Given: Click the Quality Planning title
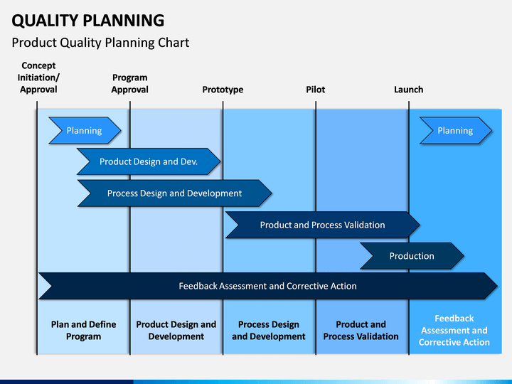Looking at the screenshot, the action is [88, 21].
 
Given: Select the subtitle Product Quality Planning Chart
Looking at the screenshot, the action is [100, 43].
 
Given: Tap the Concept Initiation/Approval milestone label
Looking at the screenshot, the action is [38, 78].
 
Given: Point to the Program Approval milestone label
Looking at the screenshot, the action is [129, 84].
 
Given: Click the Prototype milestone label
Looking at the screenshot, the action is [223, 90].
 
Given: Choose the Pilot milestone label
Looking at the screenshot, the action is [316, 90].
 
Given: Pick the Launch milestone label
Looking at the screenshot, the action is [408, 90].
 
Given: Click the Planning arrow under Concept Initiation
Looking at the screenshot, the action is [85, 131].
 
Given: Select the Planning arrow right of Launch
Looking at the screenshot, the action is [456, 131].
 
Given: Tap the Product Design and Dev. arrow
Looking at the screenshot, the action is [149, 161].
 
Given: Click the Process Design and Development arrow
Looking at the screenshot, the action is [175, 193].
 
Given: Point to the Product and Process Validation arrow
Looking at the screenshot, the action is [323, 225].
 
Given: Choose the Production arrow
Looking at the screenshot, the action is [412, 256].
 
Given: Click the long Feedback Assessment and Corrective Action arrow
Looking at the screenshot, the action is [268, 286].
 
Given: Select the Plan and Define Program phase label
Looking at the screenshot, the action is [84, 331].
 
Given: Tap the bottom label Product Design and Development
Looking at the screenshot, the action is [176, 331].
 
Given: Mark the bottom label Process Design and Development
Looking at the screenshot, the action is [269, 331].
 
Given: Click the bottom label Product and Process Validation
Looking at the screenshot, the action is [361, 331].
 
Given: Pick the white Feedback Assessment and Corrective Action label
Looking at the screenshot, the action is [454, 331].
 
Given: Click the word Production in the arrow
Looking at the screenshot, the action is [412, 256].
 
